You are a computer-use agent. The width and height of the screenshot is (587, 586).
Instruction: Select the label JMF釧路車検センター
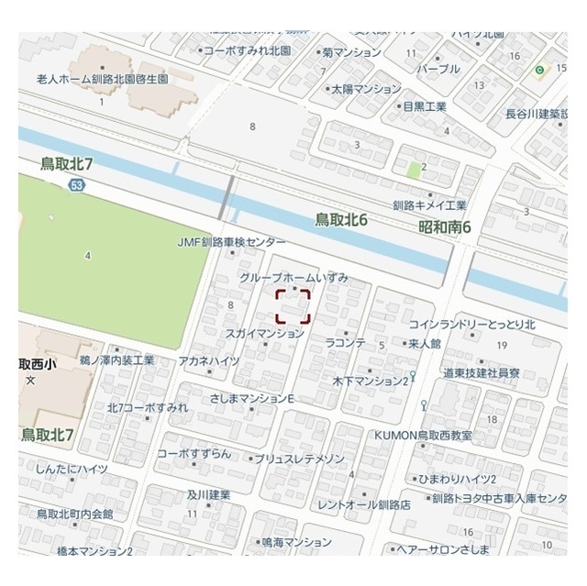[232, 242]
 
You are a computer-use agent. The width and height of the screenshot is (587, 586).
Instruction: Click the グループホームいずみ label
[293, 277]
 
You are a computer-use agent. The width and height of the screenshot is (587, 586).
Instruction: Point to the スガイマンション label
[264, 334]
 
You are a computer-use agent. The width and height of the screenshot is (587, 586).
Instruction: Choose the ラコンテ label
[346, 343]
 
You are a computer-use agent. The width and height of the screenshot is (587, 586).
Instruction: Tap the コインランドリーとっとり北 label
[472, 324]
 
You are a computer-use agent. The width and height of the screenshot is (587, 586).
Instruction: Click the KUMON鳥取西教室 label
[423, 435]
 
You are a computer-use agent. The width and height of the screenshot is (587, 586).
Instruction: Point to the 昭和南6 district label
[445, 227]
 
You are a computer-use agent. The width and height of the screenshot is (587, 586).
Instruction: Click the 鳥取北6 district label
[341, 220]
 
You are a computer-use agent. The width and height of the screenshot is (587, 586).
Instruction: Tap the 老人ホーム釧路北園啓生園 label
[103, 80]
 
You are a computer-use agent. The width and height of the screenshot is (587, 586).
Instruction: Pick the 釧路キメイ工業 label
[429, 205]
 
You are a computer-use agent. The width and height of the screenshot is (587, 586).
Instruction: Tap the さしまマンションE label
[251, 399]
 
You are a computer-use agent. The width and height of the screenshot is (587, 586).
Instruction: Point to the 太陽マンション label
[366, 90]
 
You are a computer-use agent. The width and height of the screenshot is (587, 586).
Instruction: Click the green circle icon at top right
[540, 70]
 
